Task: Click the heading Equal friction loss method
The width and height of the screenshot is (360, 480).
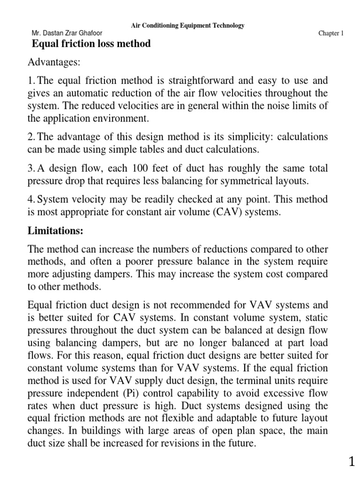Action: point(91,44)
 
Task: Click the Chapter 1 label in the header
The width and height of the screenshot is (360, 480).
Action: point(331,34)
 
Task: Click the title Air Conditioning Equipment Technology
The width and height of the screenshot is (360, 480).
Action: point(187,26)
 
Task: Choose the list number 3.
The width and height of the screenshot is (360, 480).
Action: point(31,168)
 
